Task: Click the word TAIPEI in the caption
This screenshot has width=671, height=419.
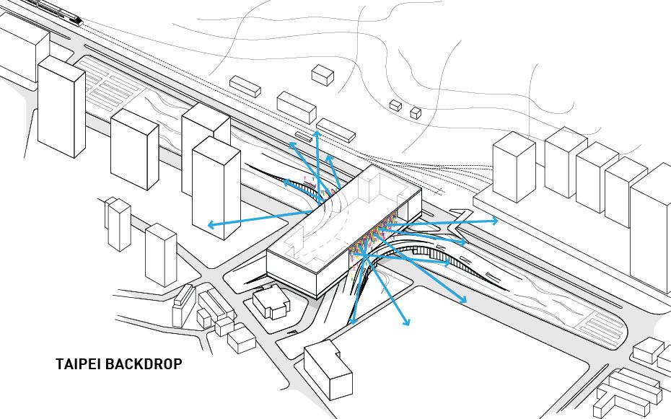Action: [x=78, y=364]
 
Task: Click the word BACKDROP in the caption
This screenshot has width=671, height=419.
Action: [x=144, y=364]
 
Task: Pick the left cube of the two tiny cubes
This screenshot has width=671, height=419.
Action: [x=395, y=105]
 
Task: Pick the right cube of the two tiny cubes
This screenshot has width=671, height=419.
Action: [x=415, y=113]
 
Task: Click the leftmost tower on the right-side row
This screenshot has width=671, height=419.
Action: [x=513, y=167]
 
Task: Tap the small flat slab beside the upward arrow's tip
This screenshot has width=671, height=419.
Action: [x=302, y=135]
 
